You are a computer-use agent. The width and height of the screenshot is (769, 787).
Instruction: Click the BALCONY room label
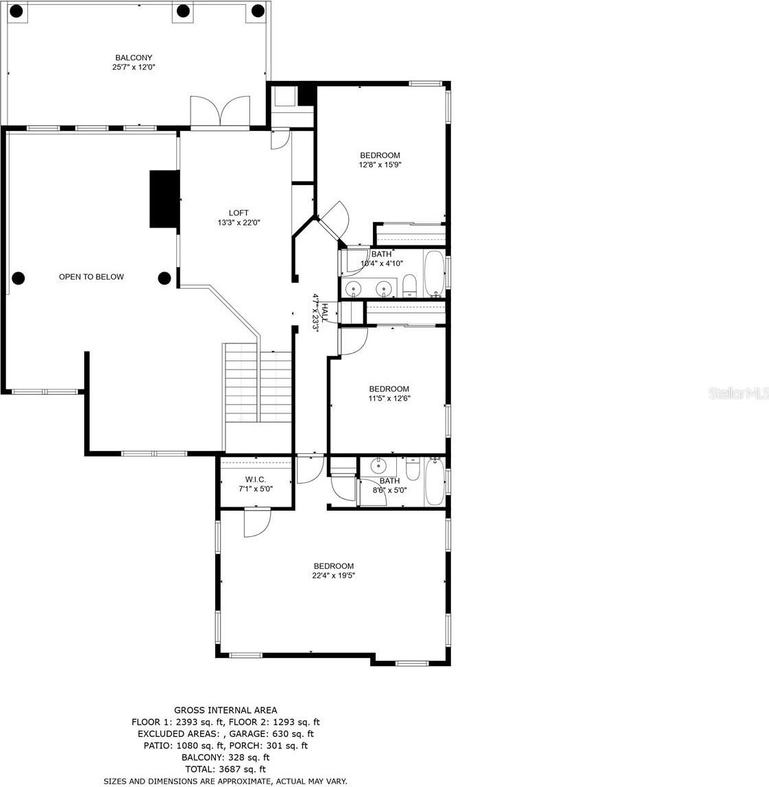[x=134, y=58]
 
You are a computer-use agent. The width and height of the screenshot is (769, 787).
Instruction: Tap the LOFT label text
[x=239, y=213]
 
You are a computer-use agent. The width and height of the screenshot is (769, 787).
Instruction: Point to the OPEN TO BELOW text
[x=91, y=276]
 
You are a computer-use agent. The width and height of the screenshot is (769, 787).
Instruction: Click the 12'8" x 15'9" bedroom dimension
[x=380, y=165]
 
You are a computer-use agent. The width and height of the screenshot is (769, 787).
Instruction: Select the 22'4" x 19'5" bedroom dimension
[x=333, y=575]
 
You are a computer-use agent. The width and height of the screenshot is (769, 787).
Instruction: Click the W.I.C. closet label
[x=256, y=479]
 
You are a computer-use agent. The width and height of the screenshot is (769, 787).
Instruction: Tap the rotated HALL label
[x=326, y=312]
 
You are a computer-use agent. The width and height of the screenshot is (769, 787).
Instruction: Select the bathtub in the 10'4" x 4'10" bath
[x=435, y=274]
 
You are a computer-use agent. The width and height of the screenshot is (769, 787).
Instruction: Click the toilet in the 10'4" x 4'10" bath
[x=410, y=286]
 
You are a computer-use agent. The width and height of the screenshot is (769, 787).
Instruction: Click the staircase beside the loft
[x=258, y=383]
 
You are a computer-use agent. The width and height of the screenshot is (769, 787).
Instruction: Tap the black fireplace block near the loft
[x=164, y=199]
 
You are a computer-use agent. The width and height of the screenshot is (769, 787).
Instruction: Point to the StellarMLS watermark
[x=738, y=393]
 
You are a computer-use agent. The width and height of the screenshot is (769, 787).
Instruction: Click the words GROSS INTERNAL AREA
[x=225, y=710]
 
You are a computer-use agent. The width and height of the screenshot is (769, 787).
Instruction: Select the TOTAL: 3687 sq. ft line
[x=225, y=769]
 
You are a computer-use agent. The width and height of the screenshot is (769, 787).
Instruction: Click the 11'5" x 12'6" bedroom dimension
[x=389, y=398]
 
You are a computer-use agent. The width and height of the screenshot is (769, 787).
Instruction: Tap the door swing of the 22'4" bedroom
[x=257, y=522]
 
